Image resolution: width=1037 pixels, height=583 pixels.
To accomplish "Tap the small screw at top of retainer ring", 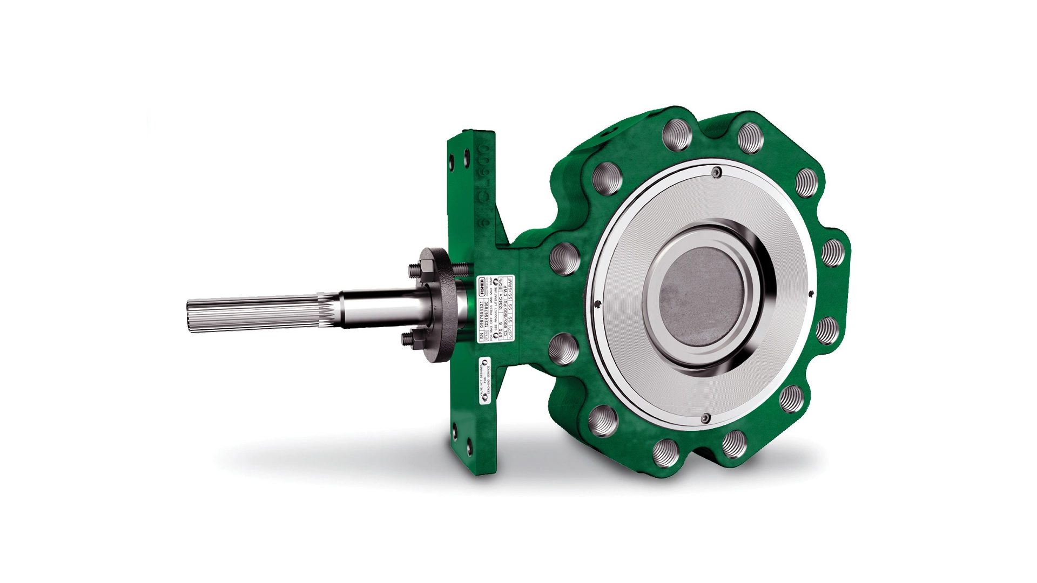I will point(716,173).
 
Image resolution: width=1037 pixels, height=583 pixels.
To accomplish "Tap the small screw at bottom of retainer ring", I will point(706,418).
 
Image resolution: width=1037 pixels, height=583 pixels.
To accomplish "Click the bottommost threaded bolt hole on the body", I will point(664,451).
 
